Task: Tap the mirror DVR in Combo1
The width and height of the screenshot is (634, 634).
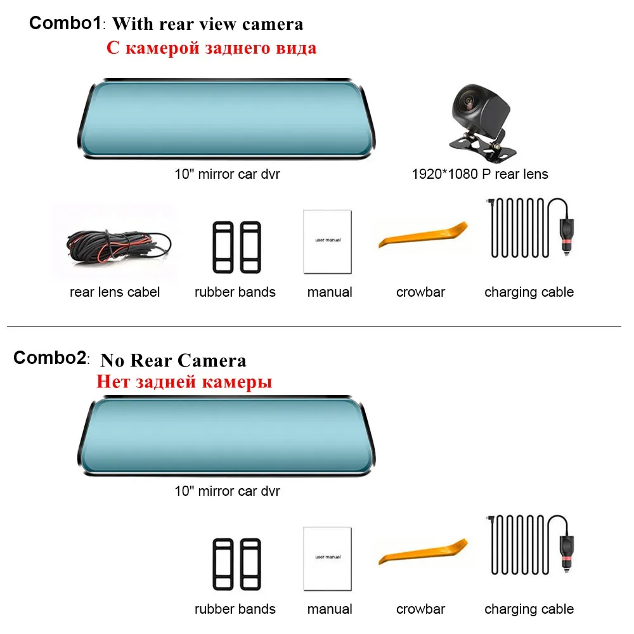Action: (x=226, y=119)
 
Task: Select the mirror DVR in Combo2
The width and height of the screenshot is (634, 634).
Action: (x=226, y=436)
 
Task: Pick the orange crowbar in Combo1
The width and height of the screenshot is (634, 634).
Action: (x=423, y=235)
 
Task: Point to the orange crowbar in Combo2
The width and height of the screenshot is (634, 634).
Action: (x=423, y=552)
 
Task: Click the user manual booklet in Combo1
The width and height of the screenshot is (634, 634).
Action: (x=328, y=242)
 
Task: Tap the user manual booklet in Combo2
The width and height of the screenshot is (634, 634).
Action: (x=328, y=559)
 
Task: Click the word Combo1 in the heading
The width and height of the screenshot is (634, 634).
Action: (x=65, y=23)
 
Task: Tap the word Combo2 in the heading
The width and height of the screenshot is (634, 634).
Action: (x=49, y=358)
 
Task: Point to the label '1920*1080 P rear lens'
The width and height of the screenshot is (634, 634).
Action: (x=480, y=174)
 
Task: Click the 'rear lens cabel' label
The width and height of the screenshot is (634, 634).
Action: (x=115, y=292)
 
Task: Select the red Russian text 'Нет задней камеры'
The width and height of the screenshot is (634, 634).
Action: (x=184, y=382)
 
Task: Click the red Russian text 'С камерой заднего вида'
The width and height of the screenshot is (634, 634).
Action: (x=212, y=48)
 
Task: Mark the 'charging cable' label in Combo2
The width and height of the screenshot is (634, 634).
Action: (x=529, y=609)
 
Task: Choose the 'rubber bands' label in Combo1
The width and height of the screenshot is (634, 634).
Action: (x=235, y=292)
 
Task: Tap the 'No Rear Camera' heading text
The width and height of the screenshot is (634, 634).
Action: (x=173, y=360)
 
